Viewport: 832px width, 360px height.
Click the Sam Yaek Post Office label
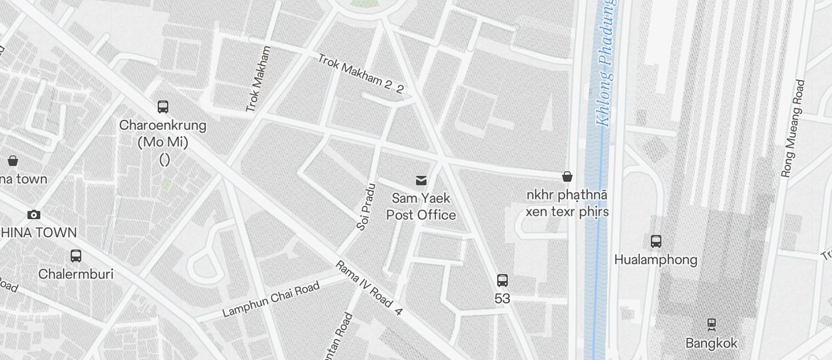coord(421,207)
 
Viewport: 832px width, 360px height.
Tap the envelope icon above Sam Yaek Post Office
coord(421,180)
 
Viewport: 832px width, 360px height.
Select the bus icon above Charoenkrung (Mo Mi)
coord(163,107)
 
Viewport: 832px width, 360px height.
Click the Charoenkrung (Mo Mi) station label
coord(163,134)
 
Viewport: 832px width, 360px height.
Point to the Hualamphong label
coord(656,259)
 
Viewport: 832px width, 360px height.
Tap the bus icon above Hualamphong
coord(656,241)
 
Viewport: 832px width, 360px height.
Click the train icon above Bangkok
coord(712,323)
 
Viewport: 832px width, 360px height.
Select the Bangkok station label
coord(712,343)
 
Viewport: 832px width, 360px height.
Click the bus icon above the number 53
coord(502,280)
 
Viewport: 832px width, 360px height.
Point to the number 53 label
coord(502,299)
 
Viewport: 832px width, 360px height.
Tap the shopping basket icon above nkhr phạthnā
coord(567,176)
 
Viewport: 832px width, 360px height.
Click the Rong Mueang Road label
coord(793,129)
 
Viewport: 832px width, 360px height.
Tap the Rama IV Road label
coord(369,288)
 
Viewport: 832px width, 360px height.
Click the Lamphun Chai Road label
coord(271,300)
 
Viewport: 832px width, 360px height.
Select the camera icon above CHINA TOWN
coord(34,214)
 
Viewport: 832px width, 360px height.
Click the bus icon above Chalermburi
coord(75,255)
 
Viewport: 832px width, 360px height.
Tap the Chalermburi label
coord(75,274)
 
